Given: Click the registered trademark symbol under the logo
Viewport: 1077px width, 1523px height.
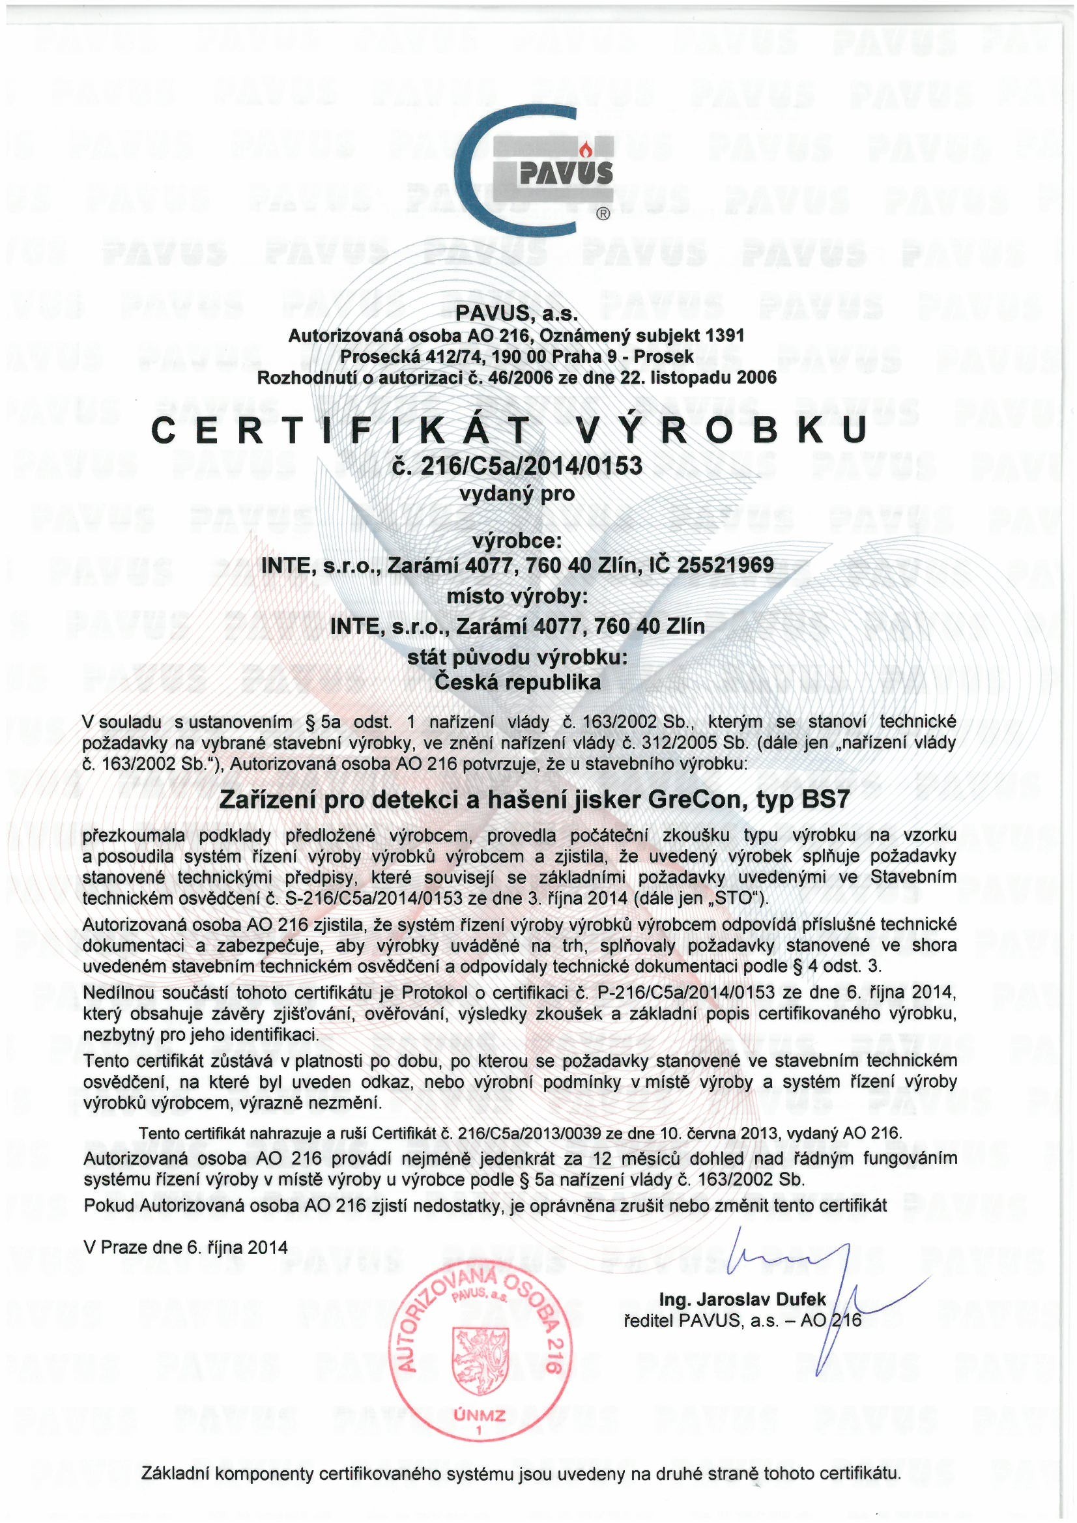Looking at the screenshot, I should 603,214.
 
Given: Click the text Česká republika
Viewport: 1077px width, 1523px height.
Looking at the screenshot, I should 517,681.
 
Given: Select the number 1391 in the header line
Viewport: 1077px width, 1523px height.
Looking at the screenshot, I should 726,336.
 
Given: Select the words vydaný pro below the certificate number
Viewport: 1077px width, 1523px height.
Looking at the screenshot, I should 517,494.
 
